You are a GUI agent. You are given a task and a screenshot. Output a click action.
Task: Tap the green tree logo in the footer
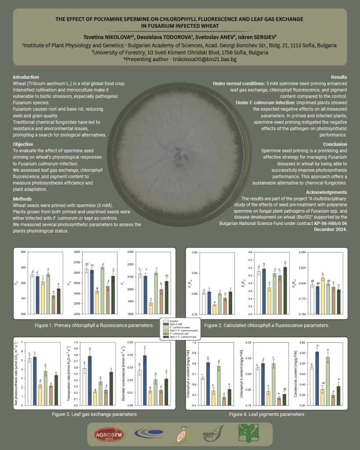pos(249,433)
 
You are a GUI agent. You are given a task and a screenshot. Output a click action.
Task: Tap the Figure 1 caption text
pos(94,326)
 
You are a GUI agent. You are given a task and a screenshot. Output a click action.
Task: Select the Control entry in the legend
pos(175,321)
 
